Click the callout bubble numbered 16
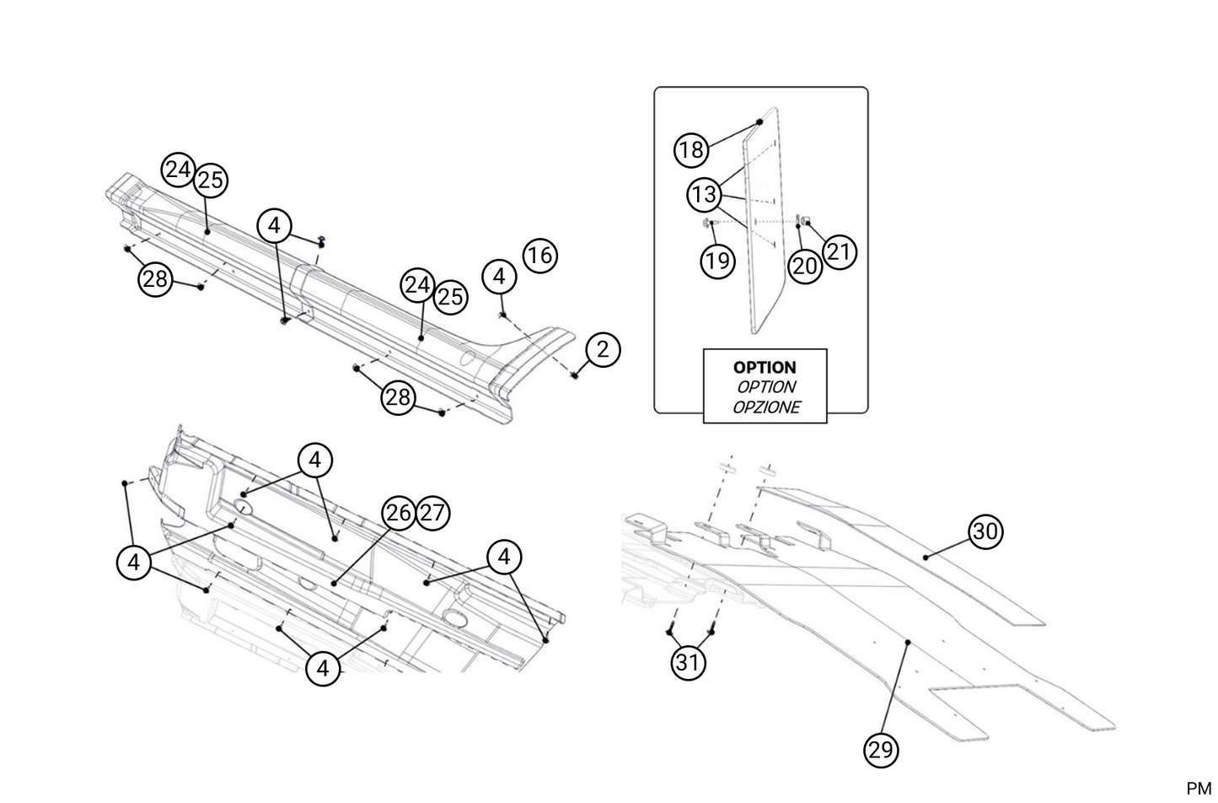[x=539, y=255]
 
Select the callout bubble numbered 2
[x=602, y=349]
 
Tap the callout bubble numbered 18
[x=690, y=150]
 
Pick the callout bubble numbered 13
[x=703, y=195]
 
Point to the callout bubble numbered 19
[x=717, y=261]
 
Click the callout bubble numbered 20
[x=805, y=267]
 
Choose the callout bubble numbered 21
[x=839, y=251]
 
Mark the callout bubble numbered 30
[x=985, y=531]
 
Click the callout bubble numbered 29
[x=881, y=750]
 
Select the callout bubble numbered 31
[x=688, y=662]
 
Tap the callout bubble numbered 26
[x=399, y=513]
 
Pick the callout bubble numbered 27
[x=432, y=513]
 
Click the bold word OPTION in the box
[x=765, y=368]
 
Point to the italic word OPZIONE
[x=765, y=407]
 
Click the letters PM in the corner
[x=1198, y=789]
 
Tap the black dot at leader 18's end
[x=759, y=121]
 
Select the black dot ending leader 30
[x=925, y=557]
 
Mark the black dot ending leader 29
[x=908, y=643]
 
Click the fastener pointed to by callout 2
[x=576, y=374]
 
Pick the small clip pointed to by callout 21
[x=807, y=222]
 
